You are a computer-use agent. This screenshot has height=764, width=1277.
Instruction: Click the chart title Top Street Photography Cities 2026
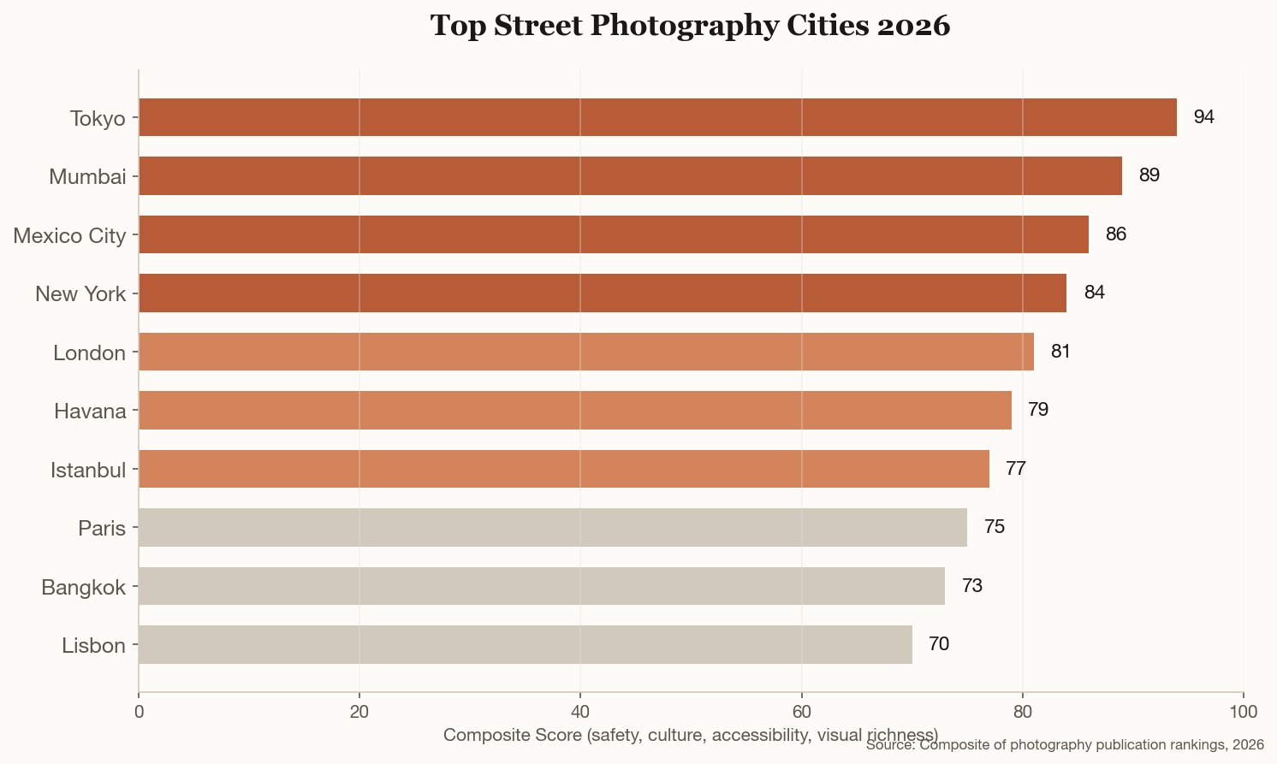[x=690, y=26]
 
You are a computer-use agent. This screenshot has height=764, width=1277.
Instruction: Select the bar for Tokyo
[x=657, y=117]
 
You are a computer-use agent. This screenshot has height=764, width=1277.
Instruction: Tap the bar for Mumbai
[x=630, y=175]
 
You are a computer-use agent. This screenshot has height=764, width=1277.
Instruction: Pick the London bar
[x=585, y=352]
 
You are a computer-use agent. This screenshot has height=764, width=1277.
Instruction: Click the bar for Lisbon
[x=525, y=644]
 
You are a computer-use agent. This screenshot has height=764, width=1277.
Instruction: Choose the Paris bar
[x=552, y=527]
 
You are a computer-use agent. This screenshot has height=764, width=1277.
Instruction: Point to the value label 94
[x=1203, y=117]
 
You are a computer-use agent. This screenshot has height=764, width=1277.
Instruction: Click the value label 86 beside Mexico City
[x=1115, y=234]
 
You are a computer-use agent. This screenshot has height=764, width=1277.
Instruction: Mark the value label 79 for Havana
[x=1037, y=410]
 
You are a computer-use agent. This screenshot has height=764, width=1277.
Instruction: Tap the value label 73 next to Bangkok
[x=971, y=586]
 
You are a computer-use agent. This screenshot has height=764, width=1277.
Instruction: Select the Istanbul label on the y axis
[x=88, y=470]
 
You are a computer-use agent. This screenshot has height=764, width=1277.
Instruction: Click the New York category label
[x=80, y=294]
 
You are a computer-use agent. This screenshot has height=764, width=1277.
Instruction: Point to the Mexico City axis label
[x=69, y=235]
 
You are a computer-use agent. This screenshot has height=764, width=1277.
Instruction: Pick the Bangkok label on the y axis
[x=84, y=587]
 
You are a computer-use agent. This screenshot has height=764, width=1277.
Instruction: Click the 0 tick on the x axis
[x=139, y=712]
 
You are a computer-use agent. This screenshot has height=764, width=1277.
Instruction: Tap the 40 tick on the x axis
[x=580, y=712]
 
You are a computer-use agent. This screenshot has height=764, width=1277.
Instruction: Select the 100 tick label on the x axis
[x=1243, y=712]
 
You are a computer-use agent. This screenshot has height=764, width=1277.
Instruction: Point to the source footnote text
[x=1065, y=746]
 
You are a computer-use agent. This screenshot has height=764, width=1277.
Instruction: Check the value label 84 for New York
[x=1094, y=293]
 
